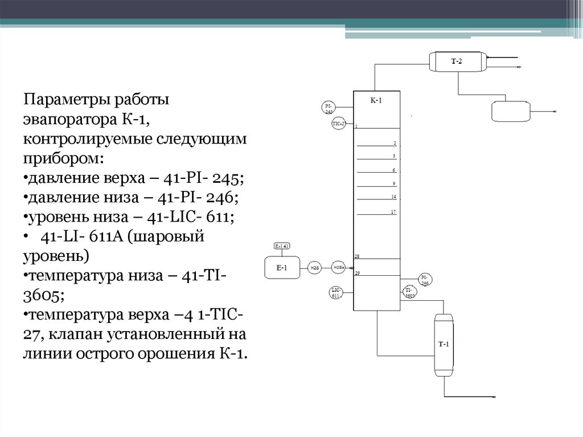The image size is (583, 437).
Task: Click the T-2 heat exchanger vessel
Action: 457,61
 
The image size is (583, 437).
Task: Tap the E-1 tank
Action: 282,267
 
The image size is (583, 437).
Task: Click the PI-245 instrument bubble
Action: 329,108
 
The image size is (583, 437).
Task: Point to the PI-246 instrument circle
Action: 424,280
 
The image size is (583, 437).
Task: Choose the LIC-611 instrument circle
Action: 336,293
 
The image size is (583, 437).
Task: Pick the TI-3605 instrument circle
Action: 409,293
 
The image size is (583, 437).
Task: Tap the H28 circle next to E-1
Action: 314,267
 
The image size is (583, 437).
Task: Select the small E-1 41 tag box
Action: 282,246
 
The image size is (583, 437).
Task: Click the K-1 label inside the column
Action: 376,100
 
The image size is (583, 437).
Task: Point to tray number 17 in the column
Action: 393,212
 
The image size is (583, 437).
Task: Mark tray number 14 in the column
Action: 393,197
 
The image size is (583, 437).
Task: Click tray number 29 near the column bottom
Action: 357,273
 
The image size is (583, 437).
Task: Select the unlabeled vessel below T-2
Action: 510,111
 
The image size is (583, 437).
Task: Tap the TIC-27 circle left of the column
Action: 338,124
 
